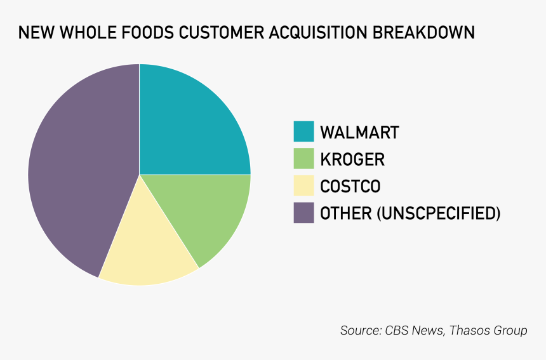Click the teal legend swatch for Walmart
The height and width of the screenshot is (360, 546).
pyautogui.click(x=303, y=131)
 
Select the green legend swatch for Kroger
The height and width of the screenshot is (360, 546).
pyautogui.click(x=303, y=159)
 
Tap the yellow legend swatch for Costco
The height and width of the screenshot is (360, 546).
pyautogui.click(x=303, y=185)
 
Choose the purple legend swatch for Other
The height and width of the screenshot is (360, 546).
pyautogui.click(x=303, y=213)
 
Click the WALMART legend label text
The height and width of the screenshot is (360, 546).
pyautogui.click(x=359, y=132)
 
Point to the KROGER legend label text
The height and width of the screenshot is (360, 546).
pyautogui.click(x=352, y=159)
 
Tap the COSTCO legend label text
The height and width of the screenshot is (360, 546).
pyautogui.click(x=350, y=186)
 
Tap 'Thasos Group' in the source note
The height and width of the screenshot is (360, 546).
pyautogui.click(x=489, y=331)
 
